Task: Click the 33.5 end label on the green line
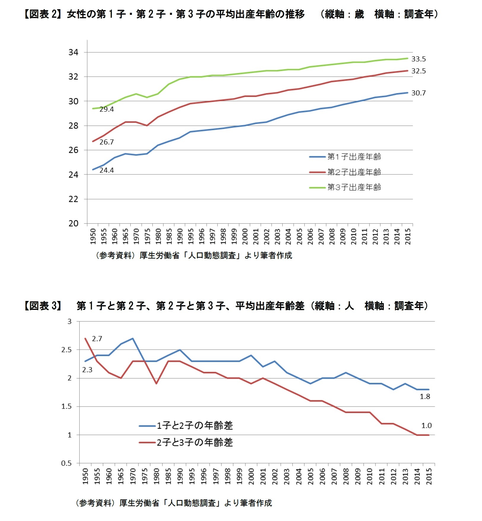pos(418,59)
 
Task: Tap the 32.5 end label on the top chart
pos(418,71)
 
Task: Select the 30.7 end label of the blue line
pos(418,93)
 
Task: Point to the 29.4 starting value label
pos(107,109)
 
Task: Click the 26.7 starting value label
pos(107,142)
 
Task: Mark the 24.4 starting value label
pos(107,171)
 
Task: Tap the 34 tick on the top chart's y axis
pos(73,52)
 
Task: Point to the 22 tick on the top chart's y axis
pos(73,199)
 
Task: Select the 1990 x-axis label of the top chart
pos(180,236)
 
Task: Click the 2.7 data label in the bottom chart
pos(97,339)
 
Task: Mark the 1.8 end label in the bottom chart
pos(425,397)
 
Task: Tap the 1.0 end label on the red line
pos(426,426)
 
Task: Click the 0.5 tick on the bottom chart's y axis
pos(66,463)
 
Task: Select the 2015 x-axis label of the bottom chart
pos(429,477)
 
